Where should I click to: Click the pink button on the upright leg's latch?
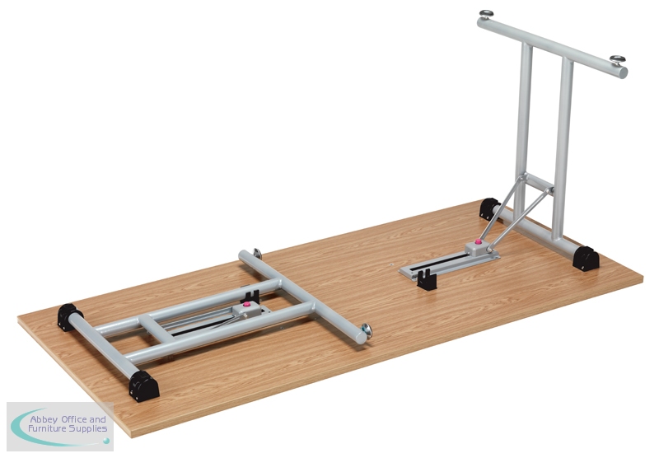(x=478, y=241)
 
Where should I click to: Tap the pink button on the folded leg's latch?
(x=247, y=304)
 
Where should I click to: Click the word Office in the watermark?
(x=75, y=419)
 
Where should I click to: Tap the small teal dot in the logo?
(x=106, y=441)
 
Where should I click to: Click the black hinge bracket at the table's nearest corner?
(x=143, y=386)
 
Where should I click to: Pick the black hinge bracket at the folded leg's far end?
(x=68, y=317)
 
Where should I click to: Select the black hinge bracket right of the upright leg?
(x=586, y=259)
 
